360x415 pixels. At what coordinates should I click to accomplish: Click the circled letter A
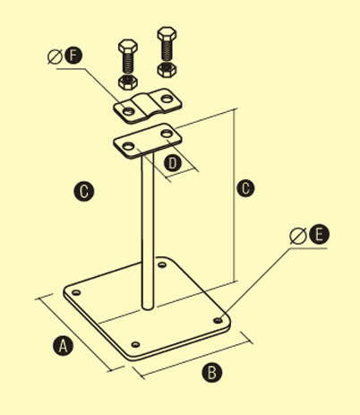click(x=63, y=346)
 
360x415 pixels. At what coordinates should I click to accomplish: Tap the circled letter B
click(x=212, y=372)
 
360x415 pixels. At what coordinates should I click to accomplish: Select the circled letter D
click(x=173, y=164)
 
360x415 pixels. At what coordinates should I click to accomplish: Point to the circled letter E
click(x=319, y=234)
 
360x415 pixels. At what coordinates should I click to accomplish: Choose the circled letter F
click(x=73, y=56)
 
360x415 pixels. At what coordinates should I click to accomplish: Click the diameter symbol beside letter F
click(x=56, y=56)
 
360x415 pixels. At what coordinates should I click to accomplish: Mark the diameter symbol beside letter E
click(x=298, y=236)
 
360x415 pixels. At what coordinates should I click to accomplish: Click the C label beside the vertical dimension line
click(x=245, y=188)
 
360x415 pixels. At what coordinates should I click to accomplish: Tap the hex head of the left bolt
click(x=128, y=47)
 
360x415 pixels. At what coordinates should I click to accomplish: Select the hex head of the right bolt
click(x=167, y=34)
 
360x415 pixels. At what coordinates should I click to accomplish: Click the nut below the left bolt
click(x=128, y=82)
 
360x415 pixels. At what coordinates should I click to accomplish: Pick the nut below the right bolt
click(x=167, y=70)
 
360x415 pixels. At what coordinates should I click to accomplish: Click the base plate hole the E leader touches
click(x=218, y=320)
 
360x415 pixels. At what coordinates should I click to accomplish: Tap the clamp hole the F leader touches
click(x=128, y=111)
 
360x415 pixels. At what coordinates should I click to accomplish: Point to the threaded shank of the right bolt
click(x=167, y=50)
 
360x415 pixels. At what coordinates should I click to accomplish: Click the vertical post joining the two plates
click(x=148, y=230)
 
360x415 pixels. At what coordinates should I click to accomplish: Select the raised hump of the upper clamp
click(x=148, y=103)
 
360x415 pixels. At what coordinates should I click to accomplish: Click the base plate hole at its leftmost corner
click(x=76, y=292)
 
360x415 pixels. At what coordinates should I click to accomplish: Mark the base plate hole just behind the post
click(x=162, y=264)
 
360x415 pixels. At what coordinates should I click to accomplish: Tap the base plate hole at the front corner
click(x=136, y=344)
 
